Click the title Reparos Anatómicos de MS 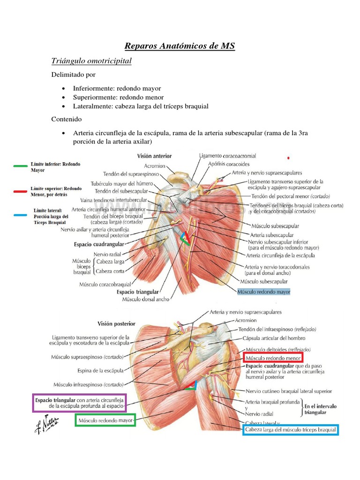click(x=180, y=46)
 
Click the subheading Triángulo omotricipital click(x=91, y=61)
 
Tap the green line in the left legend click(x=20, y=165)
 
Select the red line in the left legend click(x=20, y=191)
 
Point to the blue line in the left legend click(x=20, y=215)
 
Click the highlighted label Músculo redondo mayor click(x=264, y=292)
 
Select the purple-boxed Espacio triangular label click(x=80, y=403)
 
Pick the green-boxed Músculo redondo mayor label click(x=105, y=420)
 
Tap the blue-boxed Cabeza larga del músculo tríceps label click(x=291, y=429)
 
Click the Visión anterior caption click(x=154, y=156)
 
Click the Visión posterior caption click(x=116, y=323)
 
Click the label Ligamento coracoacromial click(x=227, y=156)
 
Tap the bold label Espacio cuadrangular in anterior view click(x=99, y=244)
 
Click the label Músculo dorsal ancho click(x=146, y=299)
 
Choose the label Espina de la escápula click(x=101, y=370)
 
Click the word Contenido click(x=67, y=120)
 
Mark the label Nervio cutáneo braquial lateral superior click(x=288, y=391)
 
